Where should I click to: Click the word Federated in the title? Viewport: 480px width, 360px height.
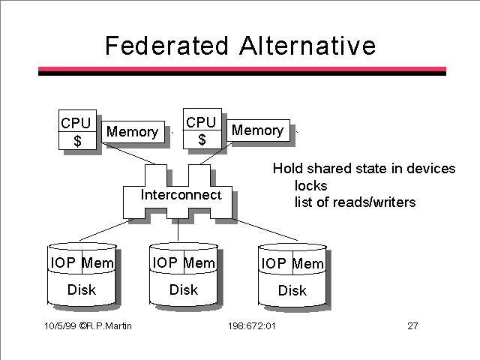[x=166, y=46]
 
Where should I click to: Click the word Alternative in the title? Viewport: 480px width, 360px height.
[x=307, y=46]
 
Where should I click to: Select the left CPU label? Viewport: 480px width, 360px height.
[x=76, y=123]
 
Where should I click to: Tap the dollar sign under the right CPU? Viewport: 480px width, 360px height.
[x=202, y=139]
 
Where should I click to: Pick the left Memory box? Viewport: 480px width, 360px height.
[x=133, y=132]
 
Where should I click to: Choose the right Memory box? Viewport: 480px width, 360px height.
[x=258, y=130]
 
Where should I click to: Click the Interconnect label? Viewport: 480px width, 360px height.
[x=181, y=195]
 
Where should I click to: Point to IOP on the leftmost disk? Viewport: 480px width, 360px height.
[x=63, y=262]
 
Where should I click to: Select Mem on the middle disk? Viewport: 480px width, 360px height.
[x=199, y=262]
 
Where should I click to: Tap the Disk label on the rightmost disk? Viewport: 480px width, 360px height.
[x=292, y=290]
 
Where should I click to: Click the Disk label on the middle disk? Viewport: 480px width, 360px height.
[x=183, y=289]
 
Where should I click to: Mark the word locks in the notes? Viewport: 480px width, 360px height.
[x=310, y=185]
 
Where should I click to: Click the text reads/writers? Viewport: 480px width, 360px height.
[x=374, y=202]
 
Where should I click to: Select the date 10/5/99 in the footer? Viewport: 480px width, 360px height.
[x=60, y=325]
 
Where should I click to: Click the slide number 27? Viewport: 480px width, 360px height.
[x=412, y=325]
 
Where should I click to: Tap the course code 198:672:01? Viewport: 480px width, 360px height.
[x=252, y=325]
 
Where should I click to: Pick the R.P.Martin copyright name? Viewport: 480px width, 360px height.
[x=109, y=325]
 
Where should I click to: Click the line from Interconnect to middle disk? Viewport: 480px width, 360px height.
[x=178, y=229]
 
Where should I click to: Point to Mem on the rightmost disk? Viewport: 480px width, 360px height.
[x=308, y=263]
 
